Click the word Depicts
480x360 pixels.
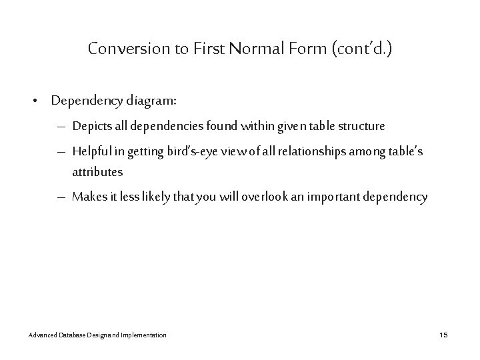(x=93, y=127)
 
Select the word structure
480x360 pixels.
(x=362, y=127)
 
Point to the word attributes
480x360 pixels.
(x=97, y=171)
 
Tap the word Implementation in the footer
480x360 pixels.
(x=143, y=334)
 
